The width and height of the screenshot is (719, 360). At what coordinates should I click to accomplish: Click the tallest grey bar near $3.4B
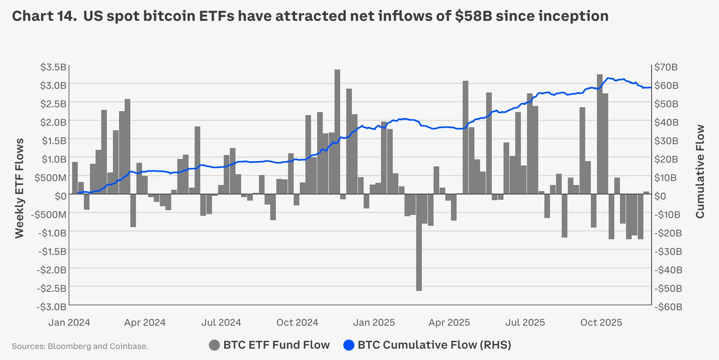tap(337, 130)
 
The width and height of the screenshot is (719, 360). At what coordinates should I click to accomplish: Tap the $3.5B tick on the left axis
tap(53, 67)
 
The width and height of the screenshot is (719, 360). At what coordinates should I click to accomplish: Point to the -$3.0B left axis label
tap(52, 307)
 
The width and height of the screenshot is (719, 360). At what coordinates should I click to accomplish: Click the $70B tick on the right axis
tap(666, 67)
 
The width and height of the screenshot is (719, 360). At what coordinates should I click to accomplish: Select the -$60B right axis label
tap(668, 307)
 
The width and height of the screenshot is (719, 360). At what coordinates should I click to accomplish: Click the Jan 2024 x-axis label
tap(69, 323)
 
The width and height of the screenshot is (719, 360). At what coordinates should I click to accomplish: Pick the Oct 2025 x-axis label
tap(601, 323)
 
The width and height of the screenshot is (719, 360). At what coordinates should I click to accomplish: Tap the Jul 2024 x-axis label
tap(221, 323)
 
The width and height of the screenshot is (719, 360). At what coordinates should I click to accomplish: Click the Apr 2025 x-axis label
tap(449, 323)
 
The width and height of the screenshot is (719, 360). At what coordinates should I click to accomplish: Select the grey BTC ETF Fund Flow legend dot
tap(214, 345)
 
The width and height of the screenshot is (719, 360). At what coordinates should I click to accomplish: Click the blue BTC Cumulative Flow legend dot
tap(348, 345)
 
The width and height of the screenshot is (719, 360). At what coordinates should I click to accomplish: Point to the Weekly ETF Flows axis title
tap(19, 188)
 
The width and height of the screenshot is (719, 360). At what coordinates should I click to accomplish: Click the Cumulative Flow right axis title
tap(699, 172)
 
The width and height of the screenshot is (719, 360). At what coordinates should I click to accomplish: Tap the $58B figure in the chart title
tap(474, 16)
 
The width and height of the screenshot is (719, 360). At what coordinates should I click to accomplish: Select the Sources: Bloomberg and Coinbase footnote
tap(80, 346)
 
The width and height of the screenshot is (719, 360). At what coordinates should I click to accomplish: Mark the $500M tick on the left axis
tap(50, 178)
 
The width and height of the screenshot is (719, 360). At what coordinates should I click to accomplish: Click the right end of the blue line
tap(650, 88)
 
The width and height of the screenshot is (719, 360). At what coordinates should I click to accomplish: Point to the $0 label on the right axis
tap(660, 196)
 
